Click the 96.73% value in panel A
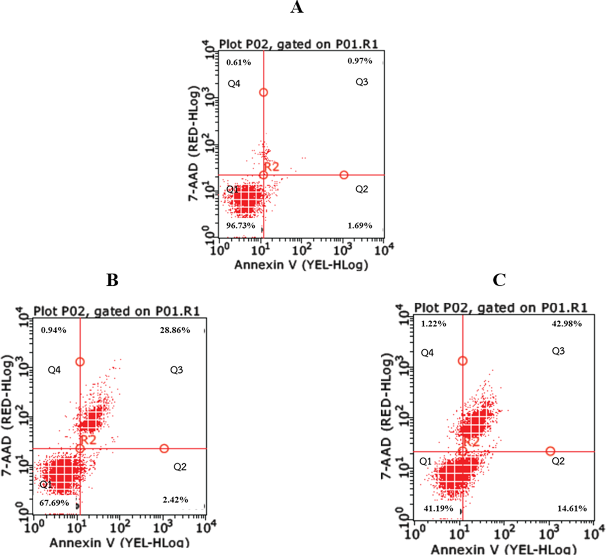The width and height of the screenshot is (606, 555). click(x=240, y=225)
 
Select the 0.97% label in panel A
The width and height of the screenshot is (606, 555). click(x=360, y=61)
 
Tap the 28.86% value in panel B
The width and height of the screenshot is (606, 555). click(x=175, y=330)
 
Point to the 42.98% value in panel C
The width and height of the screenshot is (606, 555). click(x=567, y=324)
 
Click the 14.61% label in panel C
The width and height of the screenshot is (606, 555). click(x=572, y=509)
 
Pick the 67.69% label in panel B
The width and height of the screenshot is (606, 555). click(x=54, y=503)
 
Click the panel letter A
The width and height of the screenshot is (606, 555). click(x=297, y=7)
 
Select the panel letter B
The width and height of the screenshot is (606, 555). click(x=112, y=280)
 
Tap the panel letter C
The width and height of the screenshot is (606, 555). click(x=499, y=280)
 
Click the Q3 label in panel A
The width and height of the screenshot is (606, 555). click(x=362, y=82)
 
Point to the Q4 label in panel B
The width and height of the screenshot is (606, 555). click(x=54, y=370)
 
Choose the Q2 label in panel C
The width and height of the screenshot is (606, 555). click(x=558, y=461)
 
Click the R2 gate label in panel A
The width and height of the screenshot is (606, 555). click(x=272, y=167)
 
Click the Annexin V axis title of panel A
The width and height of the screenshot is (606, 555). click(x=301, y=265)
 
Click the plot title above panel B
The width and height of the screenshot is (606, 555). click(x=116, y=312)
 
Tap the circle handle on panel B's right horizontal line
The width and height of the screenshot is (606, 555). click(x=164, y=448)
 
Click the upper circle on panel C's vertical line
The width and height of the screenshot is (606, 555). click(x=463, y=361)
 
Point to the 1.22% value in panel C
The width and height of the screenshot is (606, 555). click(x=434, y=324)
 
